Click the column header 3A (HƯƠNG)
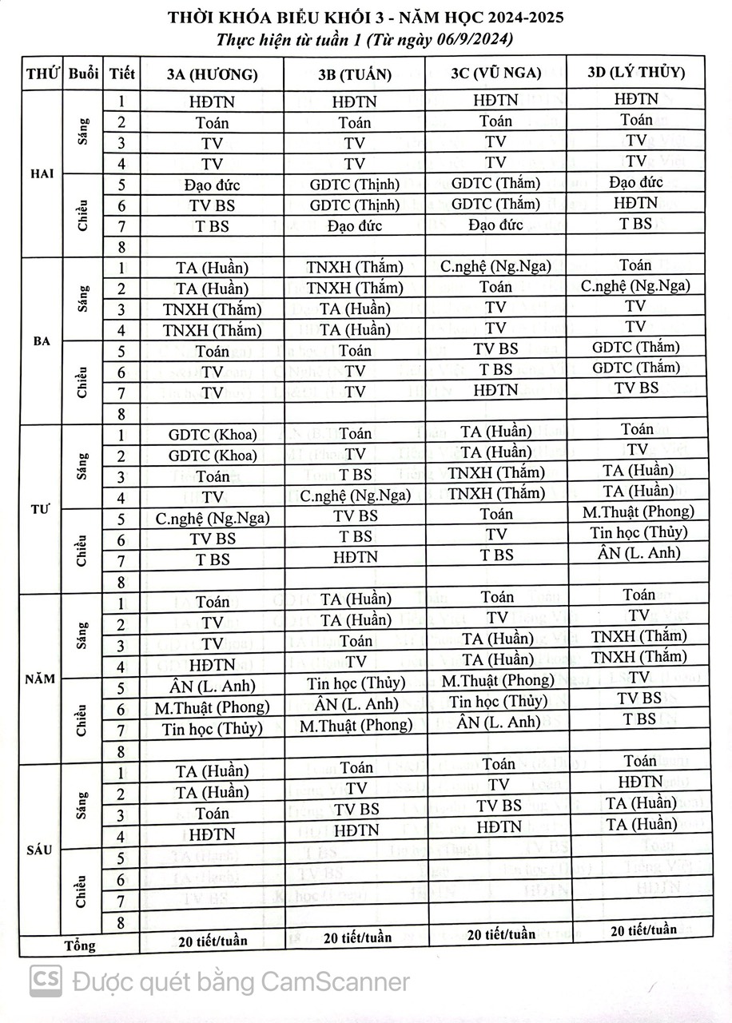[x=212, y=74]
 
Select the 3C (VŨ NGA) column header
[x=495, y=73]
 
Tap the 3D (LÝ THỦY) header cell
[x=636, y=71]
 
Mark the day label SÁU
[x=40, y=850]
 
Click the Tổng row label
[x=79, y=945]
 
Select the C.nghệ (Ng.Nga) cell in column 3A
[x=213, y=518]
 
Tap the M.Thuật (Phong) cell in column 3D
[x=638, y=511]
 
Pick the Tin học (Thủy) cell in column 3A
[x=212, y=729]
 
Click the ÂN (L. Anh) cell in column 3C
[x=499, y=722]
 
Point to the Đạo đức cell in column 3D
[x=636, y=182]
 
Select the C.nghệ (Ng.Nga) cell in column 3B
[x=355, y=496]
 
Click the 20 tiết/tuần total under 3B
[x=356, y=937]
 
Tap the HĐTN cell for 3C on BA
[x=495, y=390]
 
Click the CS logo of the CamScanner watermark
[x=46, y=981]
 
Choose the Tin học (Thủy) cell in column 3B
[x=355, y=683]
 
